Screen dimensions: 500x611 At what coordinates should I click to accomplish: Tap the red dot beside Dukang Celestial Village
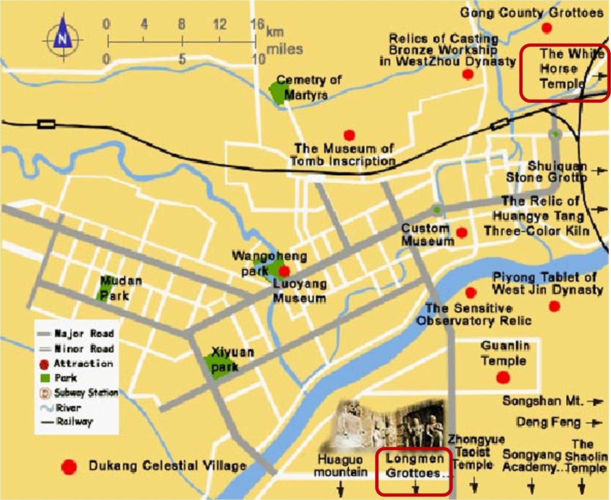[69, 467]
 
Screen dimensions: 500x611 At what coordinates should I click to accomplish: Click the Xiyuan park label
[231, 359]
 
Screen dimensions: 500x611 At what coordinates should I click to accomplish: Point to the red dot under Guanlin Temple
[503, 378]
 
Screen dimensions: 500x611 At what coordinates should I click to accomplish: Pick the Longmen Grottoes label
[414, 466]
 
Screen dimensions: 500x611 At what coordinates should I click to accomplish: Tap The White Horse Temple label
[563, 69]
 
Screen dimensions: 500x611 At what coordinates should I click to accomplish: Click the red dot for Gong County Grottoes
[547, 28]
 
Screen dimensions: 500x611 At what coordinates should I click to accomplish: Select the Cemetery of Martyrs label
[307, 87]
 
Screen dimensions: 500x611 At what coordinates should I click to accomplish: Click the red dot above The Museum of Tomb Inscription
[349, 135]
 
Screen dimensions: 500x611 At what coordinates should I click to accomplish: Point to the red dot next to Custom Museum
[462, 232]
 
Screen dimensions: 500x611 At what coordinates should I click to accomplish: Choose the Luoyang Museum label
[300, 291]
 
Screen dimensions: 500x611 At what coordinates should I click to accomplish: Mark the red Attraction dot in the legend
[44, 364]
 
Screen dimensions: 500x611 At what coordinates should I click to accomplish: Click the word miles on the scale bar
[284, 49]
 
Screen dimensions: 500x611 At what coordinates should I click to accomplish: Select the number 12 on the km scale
[220, 24]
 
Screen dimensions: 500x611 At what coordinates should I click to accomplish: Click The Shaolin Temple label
[585, 456]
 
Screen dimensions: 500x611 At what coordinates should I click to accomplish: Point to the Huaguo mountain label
[340, 466]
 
